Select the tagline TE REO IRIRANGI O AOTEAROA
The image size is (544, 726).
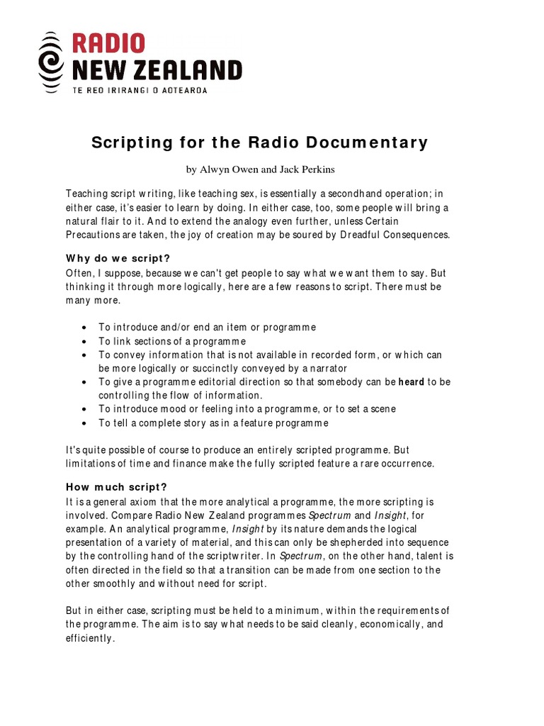tap(140, 90)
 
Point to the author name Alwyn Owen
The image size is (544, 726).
tap(229, 170)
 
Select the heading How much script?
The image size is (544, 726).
tap(116, 486)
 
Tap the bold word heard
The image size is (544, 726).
tap(411, 381)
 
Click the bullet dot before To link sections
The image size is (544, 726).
tap(84, 341)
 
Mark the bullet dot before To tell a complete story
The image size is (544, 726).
tap(84, 423)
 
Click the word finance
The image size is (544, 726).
tap(183, 464)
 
